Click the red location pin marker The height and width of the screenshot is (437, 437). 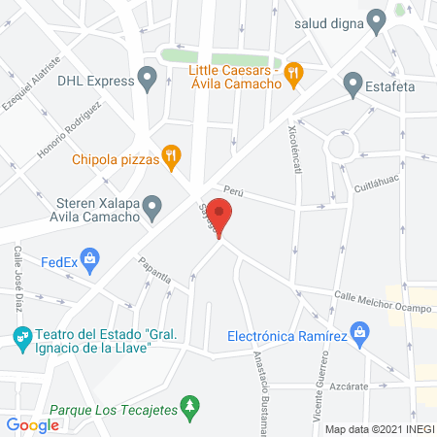pyautogui.click(x=220, y=216)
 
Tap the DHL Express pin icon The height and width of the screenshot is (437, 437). pyautogui.click(x=148, y=78)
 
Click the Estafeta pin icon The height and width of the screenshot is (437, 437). pyautogui.click(x=353, y=87)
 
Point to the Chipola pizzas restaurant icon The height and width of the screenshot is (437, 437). pyautogui.click(x=172, y=153)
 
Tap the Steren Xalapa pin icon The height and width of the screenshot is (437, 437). pyautogui.click(x=151, y=206)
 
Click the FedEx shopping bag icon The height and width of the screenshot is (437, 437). pyautogui.click(x=90, y=259)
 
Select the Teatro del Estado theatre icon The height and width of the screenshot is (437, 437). pyautogui.click(x=21, y=336)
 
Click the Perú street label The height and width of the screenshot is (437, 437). pyautogui.click(x=231, y=191)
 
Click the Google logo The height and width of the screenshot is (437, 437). pyautogui.click(x=33, y=424)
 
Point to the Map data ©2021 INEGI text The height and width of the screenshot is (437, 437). pyautogui.click(x=378, y=428)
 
